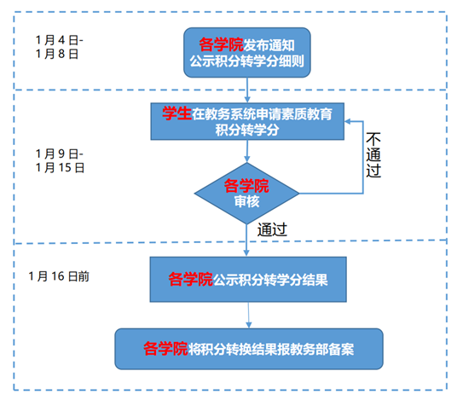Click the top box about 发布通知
click(x=247, y=53)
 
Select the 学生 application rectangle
click(x=247, y=121)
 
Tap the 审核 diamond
click(x=247, y=194)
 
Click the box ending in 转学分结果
click(x=248, y=279)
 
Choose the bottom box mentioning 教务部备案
click(x=249, y=349)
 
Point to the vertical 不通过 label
click(x=373, y=154)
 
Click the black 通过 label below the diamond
click(x=272, y=229)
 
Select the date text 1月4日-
click(x=59, y=40)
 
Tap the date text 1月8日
click(x=57, y=54)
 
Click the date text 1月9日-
click(x=59, y=154)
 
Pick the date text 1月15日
click(x=60, y=168)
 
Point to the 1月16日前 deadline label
click(x=59, y=276)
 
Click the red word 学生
click(x=176, y=113)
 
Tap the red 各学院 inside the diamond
click(x=246, y=186)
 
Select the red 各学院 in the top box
click(x=221, y=44)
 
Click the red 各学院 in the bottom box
click(x=165, y=349)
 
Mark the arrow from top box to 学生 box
click(x=247, y=90)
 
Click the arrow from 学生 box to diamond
click(x=247, y=151)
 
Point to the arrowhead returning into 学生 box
click(x=348, y=122)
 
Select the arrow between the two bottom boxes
click(x=249, y=316)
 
